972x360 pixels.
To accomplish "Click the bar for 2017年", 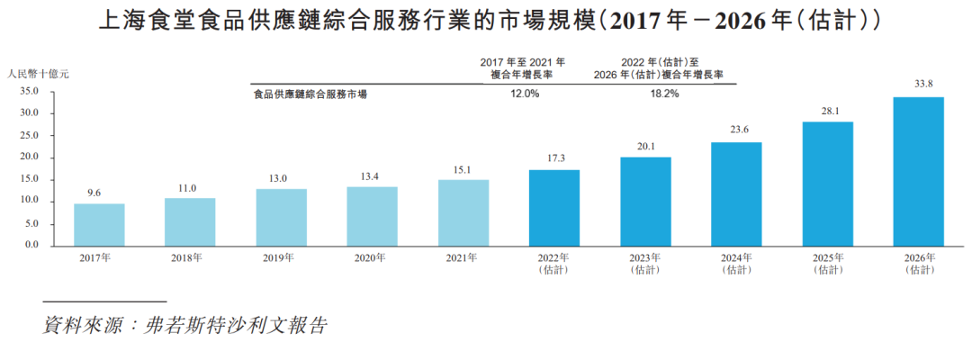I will coord(99,225).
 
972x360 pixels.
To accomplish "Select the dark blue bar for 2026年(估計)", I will coord(918,171).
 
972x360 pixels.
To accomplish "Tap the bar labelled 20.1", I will coord(645,202).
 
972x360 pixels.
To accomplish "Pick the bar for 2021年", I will coord(463,212).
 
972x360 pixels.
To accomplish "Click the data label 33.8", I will coord(919,85).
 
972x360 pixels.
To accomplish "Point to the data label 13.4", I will coord(372,176).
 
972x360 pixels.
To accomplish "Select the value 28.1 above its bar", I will coord(827,111).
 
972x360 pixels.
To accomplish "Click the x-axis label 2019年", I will coord(281,258).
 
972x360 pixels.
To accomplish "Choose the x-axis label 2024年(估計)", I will coord(736,264).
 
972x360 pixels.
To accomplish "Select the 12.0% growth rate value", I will coord(525,94).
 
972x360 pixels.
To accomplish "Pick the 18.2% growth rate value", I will coord(664,94).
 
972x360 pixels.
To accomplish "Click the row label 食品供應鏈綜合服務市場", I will coord(310,94).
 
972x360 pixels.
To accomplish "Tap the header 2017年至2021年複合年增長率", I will coord(523,68).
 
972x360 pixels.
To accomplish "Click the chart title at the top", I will coord(487,20).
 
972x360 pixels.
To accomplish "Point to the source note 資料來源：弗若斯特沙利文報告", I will coord(185,326).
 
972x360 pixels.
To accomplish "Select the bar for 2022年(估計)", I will coord(554,207).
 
